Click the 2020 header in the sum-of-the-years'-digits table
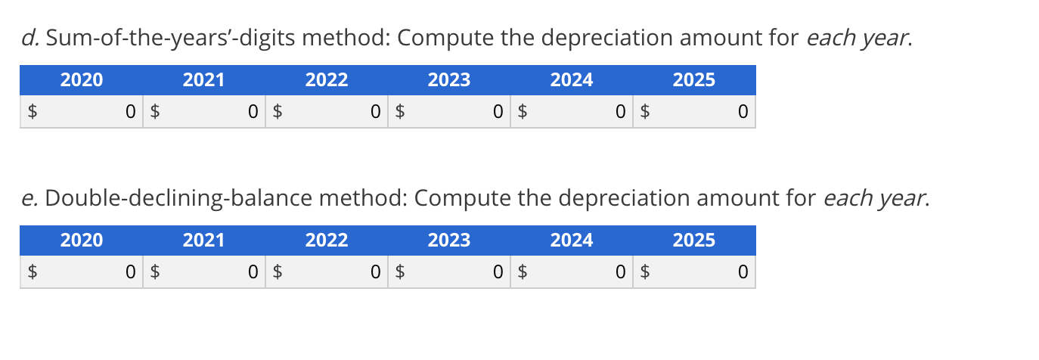point(82,80)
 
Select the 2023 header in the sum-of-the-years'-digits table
point(449,80)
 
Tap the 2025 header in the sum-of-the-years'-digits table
point(694,80)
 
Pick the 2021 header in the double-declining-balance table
point(204,241)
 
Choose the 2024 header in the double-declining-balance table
point(572,241)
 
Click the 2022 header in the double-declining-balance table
point(327,241)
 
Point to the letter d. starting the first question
point(29,39)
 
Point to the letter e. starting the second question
point(29,199)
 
